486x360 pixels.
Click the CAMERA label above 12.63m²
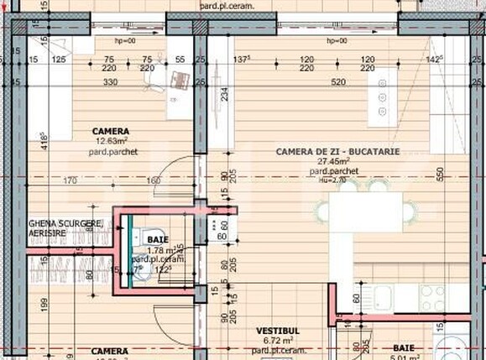pos(110,131)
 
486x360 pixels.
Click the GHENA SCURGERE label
pos(65,223)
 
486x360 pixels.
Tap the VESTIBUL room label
pos(278,331)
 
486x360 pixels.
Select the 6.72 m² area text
pos(278,341)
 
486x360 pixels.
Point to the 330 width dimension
pos(110,82)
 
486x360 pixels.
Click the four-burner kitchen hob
pos(431,295)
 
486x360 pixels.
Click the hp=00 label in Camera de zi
pos(337,39)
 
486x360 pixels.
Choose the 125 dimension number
pos(59,60)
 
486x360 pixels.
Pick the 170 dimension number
pos(70,180)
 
